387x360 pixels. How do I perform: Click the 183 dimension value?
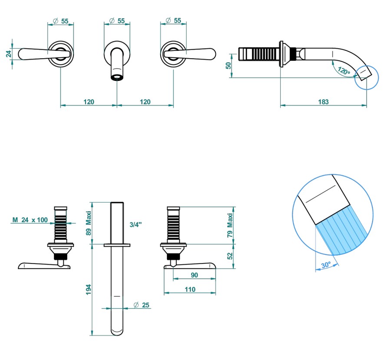pos(323,102)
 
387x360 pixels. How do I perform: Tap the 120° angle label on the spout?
pos(344,71)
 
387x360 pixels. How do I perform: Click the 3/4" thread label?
pos(136,224)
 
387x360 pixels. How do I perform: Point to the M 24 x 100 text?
pos(30,220)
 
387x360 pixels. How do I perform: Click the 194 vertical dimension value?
pos(89,289)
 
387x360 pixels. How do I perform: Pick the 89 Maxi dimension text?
pos(89,223)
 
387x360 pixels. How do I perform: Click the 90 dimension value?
pos(194,275)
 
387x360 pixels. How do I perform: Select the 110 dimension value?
pos(190,290)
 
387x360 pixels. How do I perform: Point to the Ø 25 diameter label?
pos(142,305)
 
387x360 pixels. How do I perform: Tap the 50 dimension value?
pos(228,66)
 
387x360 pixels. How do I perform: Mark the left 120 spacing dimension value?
pos(89,102)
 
